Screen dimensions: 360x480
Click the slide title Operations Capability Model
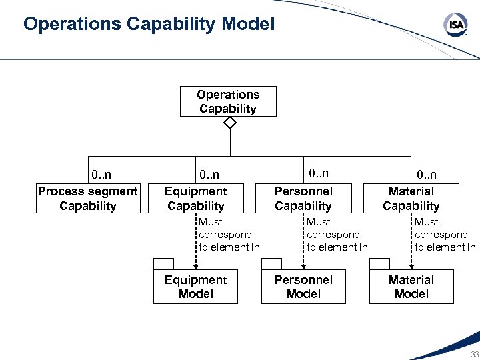coord(149,25)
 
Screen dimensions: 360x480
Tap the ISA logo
coord(455,25)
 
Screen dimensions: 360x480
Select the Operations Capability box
coord(228,101)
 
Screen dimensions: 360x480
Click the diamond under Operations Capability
coord(230,123)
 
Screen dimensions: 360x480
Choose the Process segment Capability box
coord(88,199)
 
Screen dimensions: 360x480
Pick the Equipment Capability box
coord(196,199)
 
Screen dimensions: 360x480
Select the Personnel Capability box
coord(303,199)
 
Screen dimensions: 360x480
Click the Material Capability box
coord(411,199)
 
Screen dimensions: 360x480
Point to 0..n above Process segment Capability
coord(101,175)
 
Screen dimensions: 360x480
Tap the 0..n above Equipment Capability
coord(209,175)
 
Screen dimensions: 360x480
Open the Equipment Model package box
coord(195,287)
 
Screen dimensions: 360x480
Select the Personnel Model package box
coord(303,287)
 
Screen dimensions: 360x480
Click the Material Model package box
coord(411,287)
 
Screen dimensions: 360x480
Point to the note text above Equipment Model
coord(229,235)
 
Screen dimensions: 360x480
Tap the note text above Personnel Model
coord(337,235)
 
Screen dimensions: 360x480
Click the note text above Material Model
coord(445,235)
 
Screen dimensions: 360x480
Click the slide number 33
coord(474,354)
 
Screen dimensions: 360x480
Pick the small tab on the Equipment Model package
coord(163,263)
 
